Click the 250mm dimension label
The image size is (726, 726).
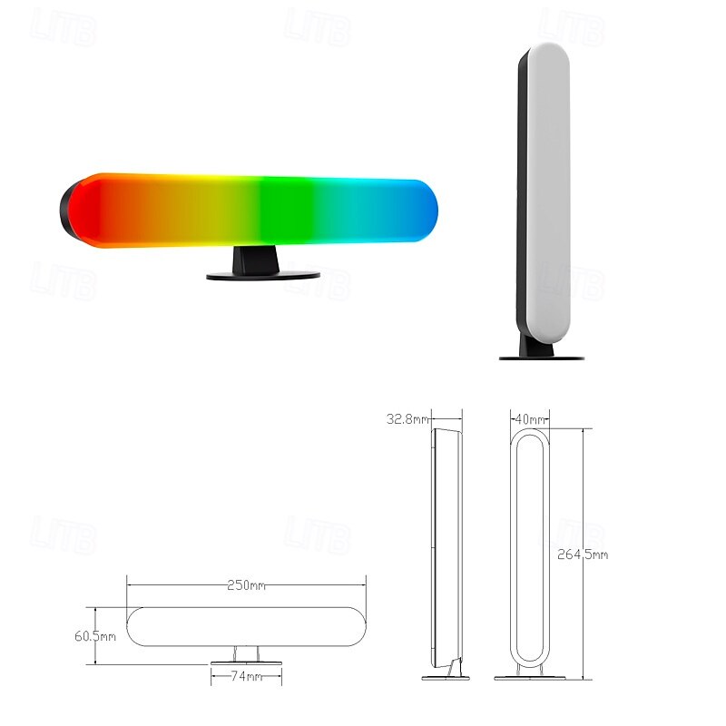click(x=246, y=585)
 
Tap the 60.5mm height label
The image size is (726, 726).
click(x=95, y=636)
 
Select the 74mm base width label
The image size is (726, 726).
click(x=246, y=677)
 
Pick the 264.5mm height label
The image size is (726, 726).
click(x=583, y=554)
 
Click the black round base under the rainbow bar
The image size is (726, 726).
click(x=263, y=275)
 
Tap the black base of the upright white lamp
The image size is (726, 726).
click(x=541, y=356)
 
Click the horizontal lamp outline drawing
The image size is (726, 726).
click(x=245, y=626)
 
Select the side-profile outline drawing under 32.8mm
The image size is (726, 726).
click(x=445, y=544)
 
